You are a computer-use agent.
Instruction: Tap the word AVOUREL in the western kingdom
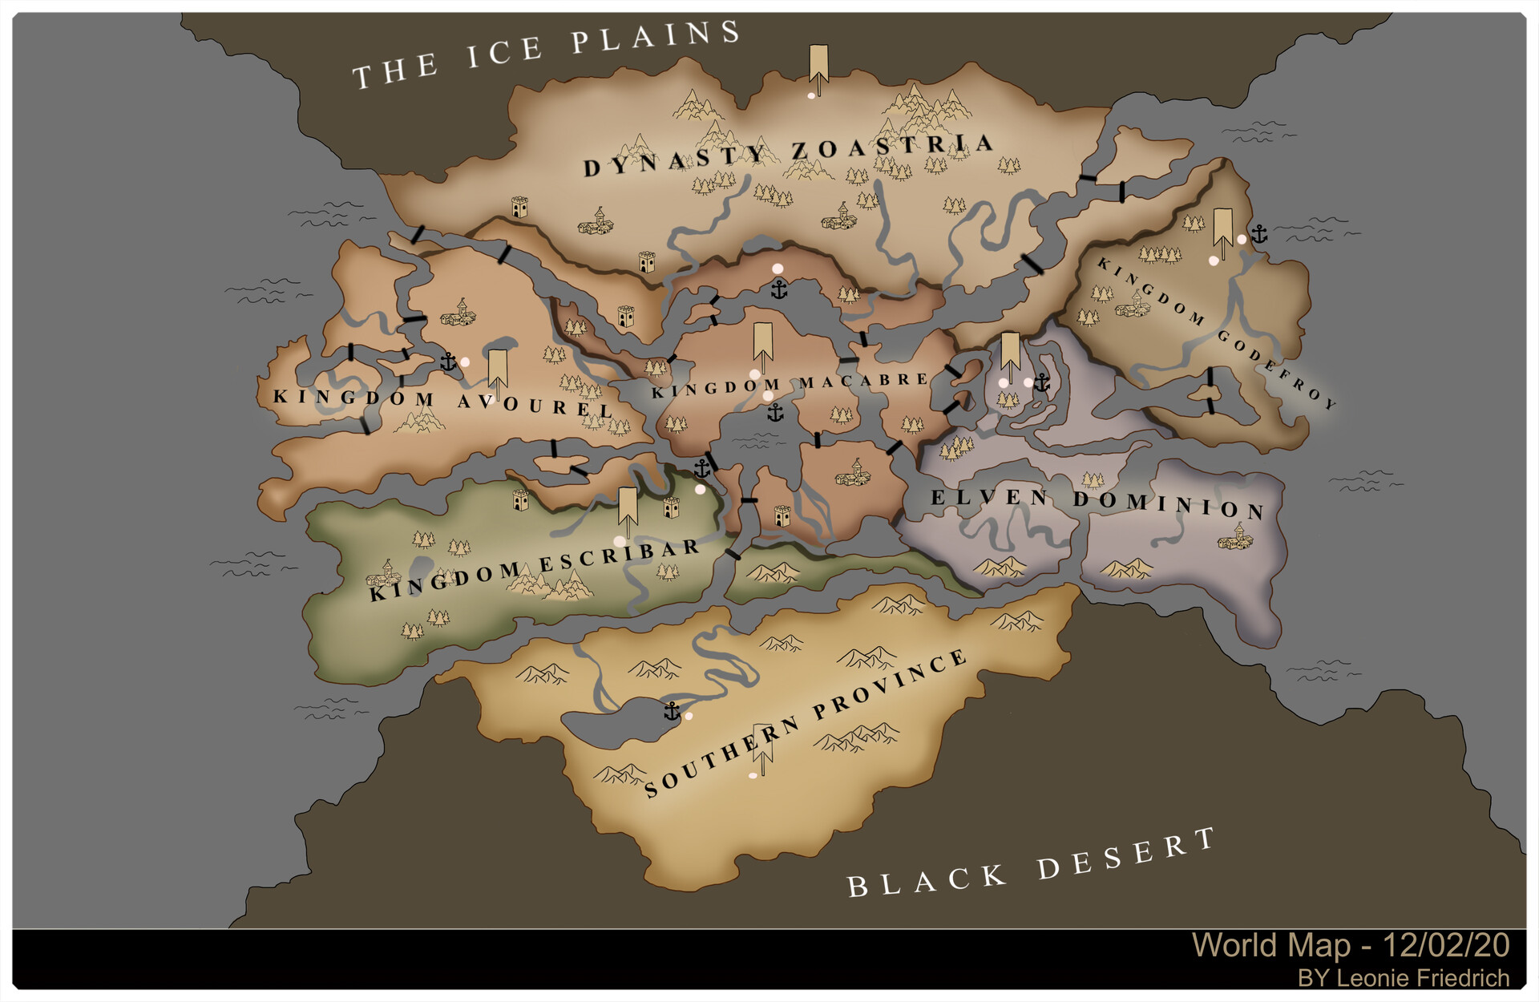click(x=535, y=405)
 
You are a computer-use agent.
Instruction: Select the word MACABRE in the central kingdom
click(x=863, y=382)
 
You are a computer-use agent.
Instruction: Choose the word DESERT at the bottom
click(x=1126, y=855)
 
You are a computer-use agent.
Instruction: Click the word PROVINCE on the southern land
click(x=890, y=685)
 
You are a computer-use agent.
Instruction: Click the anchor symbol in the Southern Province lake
click(x=672, y=711)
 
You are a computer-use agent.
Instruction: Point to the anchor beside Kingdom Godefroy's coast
click(x=1260, y=234)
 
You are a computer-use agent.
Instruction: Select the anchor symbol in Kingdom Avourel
click(x=448, y=362)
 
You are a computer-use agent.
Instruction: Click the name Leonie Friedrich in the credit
click(x=1423, y=979)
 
